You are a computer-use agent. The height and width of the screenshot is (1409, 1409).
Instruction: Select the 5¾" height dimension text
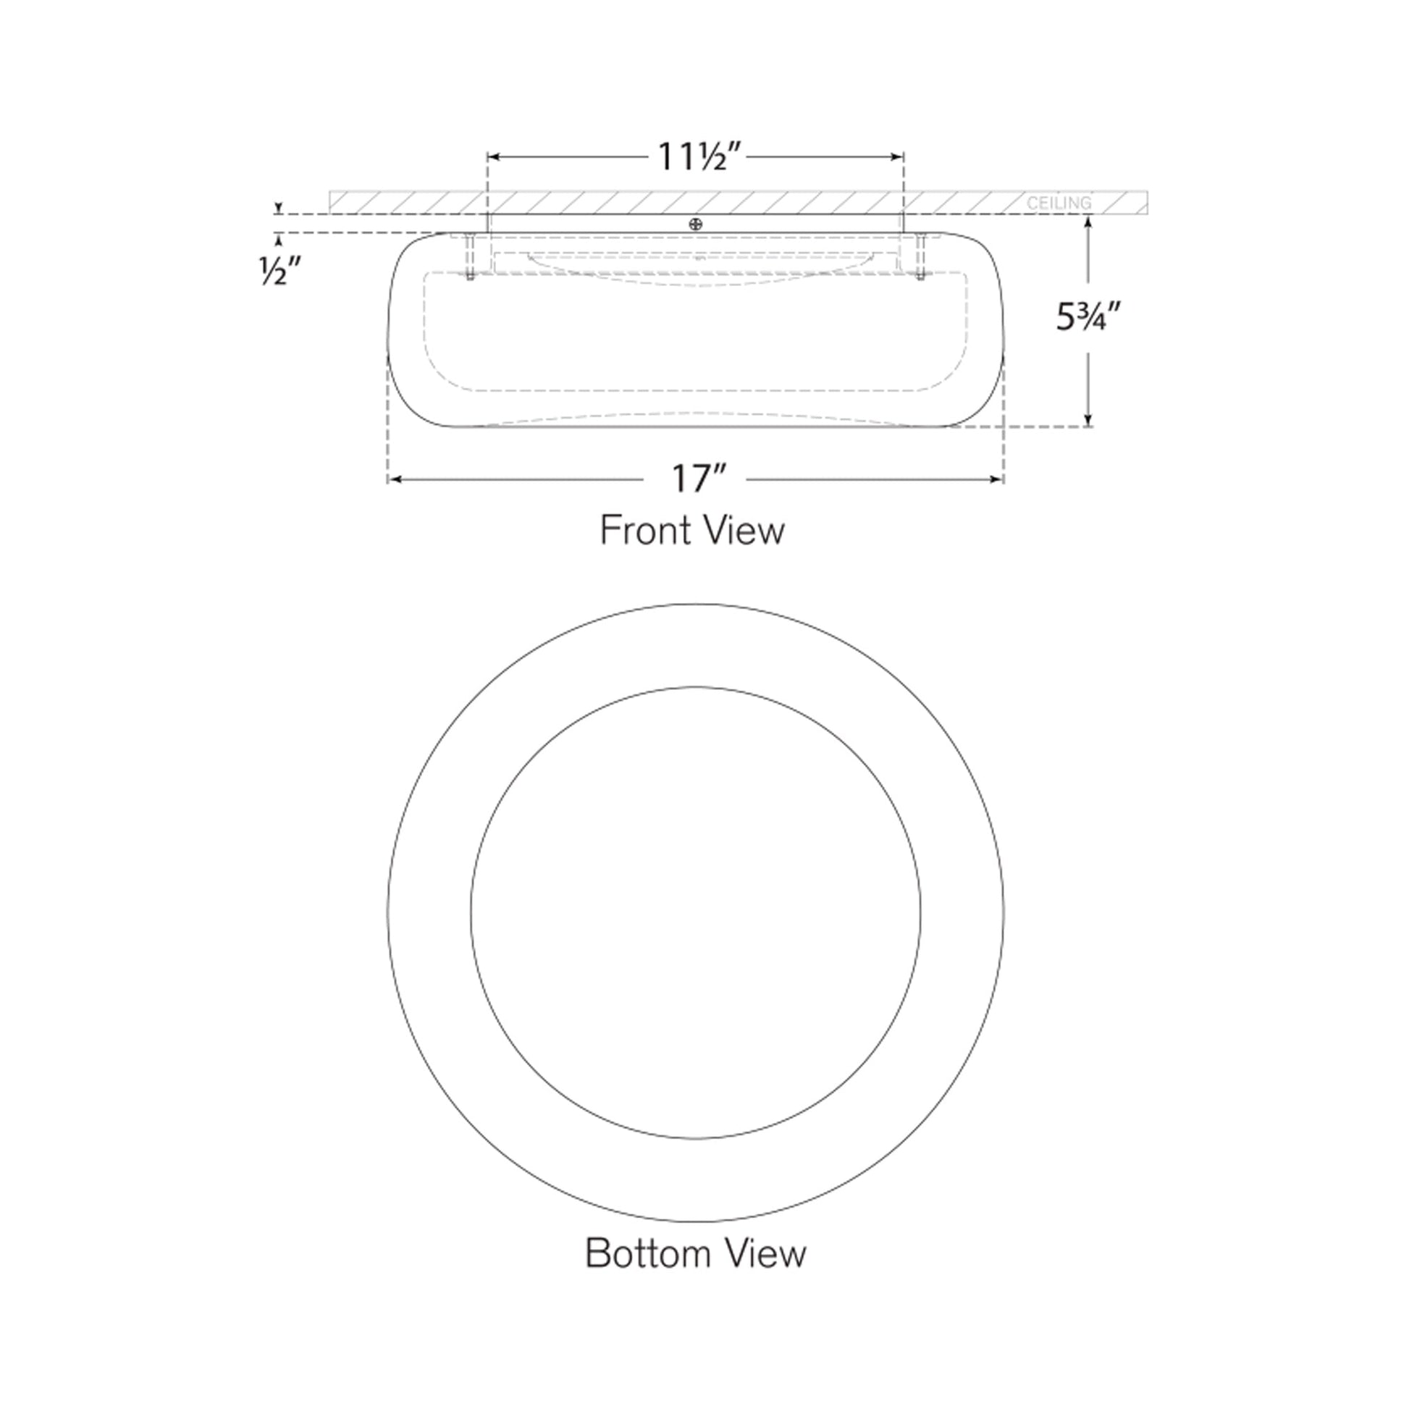coord(1088,318)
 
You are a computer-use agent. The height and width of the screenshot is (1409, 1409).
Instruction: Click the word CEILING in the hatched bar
coord(1059,203)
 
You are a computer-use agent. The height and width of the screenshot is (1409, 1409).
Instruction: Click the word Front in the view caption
coord(641,531)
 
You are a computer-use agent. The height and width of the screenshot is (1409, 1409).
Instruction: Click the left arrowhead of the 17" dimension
coord(395,479)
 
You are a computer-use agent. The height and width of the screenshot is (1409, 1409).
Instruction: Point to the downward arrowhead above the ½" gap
coord(278,209)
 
